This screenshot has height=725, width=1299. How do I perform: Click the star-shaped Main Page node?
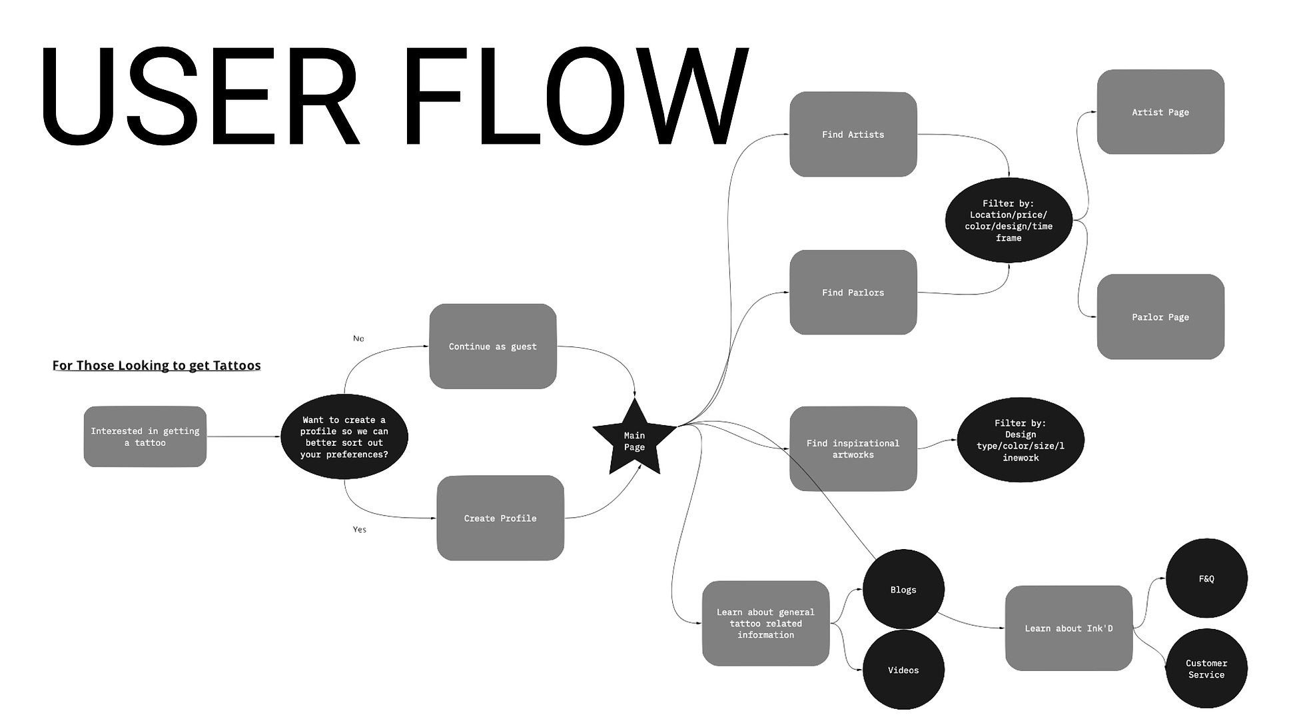[x=634, y=440]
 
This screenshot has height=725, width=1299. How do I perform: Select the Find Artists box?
[x=853, y=135]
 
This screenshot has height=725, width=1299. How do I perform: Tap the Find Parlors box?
[x=853, y=293]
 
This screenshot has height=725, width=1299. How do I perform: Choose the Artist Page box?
[x=1160, y=112]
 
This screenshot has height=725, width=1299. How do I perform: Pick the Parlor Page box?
[x=1160, y=317]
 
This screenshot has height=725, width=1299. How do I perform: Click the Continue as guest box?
[x=492, y=347]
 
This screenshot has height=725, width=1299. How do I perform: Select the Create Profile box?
[x=500, y=518]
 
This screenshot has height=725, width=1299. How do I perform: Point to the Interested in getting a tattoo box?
[x=145, y=437]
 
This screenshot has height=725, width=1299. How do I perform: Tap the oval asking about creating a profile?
[x=344, y=437]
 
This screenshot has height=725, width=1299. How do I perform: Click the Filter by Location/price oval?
[x=1008, y=221]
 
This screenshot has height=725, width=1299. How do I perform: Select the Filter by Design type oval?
[x=1020, y=440]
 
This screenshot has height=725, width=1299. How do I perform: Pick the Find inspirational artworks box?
[x=853, y=449]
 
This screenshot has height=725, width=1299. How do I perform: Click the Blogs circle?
[x=903, y=590]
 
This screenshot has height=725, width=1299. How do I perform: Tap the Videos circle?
[x=903, y=670]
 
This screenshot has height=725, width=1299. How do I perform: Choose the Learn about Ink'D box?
[x=1068, y=628]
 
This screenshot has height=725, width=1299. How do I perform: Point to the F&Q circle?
[x=1206, y=579]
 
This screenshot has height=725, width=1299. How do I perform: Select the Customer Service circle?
[x=1206, y=669]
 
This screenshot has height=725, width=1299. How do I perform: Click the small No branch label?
[x=358, y=339]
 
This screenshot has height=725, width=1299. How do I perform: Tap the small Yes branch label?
[x=359, y=530]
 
